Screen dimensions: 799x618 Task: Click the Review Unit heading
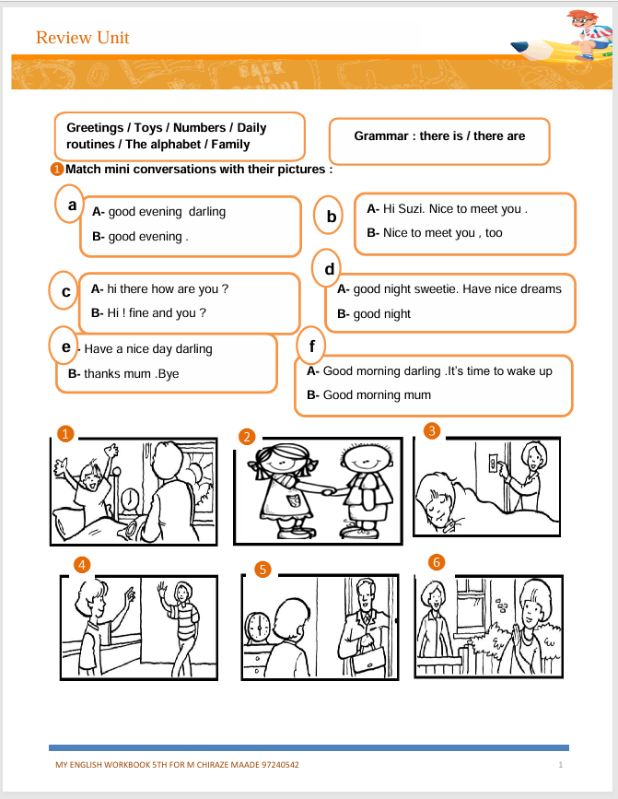[82, 38]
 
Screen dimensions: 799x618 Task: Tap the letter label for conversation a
[71, 205]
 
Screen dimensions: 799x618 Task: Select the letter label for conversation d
[329, 269]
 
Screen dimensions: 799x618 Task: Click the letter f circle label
[313, 347]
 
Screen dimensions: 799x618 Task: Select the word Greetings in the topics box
[95, 128]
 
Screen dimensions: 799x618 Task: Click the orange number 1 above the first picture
[64, 432]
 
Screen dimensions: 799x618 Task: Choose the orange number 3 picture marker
[432, 429]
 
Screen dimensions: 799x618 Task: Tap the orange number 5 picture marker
[262, 570]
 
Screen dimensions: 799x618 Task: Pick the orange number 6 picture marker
[437, 561]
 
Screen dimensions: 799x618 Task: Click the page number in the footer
[560, 766]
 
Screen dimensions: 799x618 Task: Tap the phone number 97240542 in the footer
[276, 766]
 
